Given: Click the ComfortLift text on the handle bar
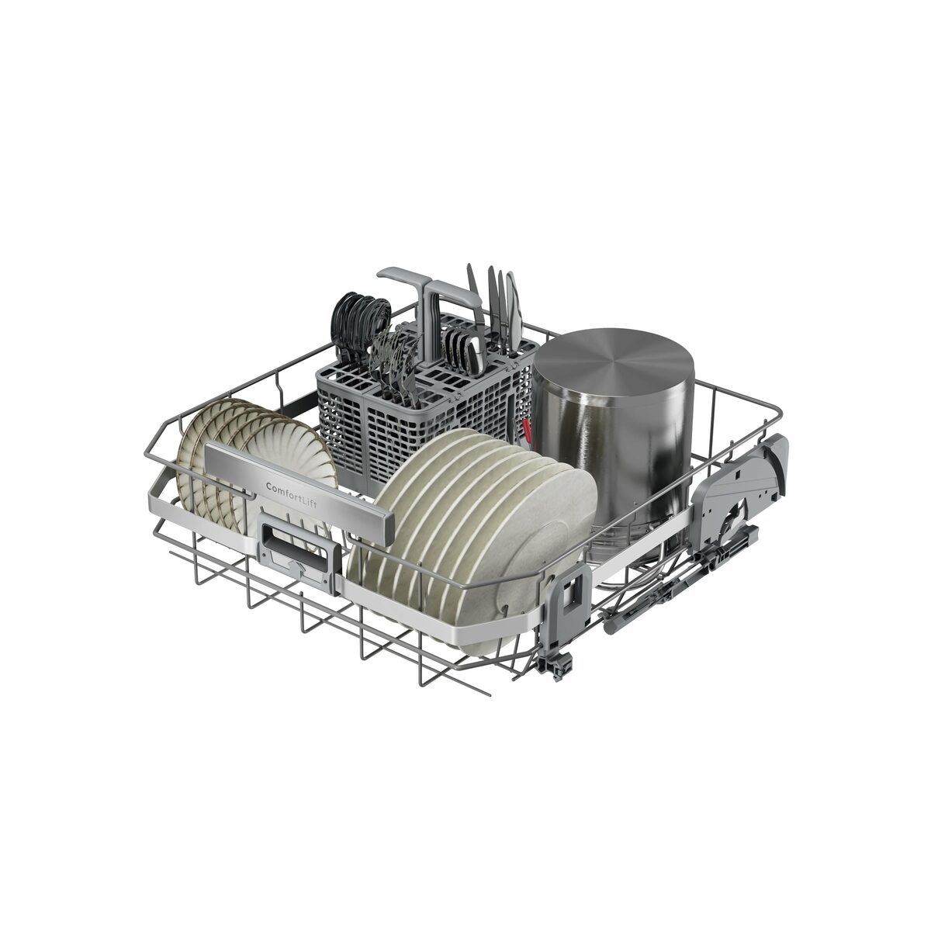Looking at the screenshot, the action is (x=292, y=494).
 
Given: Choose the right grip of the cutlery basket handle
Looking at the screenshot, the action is (x=452, y=293).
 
